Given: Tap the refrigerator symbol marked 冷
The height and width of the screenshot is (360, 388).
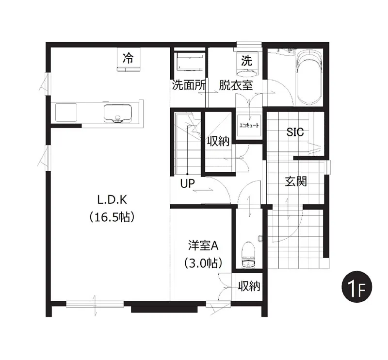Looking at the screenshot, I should click(x=128, y=60).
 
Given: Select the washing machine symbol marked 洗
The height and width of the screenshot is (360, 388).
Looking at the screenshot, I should click(x=247, y=62).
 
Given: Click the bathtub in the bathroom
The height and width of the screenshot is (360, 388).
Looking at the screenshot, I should click(x=309, y=78).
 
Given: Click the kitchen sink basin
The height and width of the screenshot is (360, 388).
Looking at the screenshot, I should click(x=117, y=114).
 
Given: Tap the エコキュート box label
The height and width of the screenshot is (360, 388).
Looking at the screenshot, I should click(x=249, y=126).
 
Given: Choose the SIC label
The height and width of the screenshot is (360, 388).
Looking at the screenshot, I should click(x=295, y=131).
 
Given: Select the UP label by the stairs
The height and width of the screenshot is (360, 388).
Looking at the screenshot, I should click(x=187, y=184).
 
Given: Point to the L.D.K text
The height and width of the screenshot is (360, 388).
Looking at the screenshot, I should click(x=112, y=199).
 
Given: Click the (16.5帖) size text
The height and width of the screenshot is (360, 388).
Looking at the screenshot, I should click(x=112, y=217).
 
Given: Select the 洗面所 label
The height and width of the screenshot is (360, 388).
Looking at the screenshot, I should click(x=189, y=86).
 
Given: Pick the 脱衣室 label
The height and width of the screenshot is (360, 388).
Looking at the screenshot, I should click(x=235, y=86).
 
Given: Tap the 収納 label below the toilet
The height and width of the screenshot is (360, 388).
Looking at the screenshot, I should click(x=249, y=286).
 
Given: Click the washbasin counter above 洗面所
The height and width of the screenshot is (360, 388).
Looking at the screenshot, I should click(x=190, y=63).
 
